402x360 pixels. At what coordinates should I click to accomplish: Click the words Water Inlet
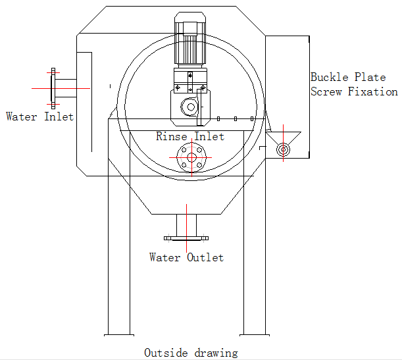point(39,116)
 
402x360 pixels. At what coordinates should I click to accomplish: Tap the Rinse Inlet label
point(190,137)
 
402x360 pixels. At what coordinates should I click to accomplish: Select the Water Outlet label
point(186,257)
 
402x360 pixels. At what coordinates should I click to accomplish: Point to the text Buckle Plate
point(349,77)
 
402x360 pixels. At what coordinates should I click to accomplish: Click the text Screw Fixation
point(354,92)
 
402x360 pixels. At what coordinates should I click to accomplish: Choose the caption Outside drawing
point(191,353)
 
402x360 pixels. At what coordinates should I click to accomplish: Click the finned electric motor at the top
point(189,40)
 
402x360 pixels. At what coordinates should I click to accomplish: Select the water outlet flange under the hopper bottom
point(186,237)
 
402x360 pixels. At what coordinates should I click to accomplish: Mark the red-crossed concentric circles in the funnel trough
point(283,149)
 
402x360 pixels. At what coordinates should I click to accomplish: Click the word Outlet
point(205,257)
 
